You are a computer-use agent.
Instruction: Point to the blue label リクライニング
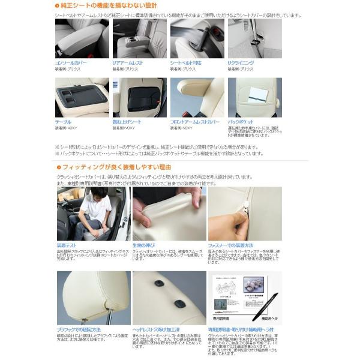pos(241,62)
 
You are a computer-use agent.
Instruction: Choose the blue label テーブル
pos(64,122)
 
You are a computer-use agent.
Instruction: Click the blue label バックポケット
pos(242,122)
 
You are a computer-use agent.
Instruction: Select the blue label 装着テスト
pos(68,245)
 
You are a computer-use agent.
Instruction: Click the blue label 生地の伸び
pos(145,245)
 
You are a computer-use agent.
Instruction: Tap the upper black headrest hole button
pos(160,284)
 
